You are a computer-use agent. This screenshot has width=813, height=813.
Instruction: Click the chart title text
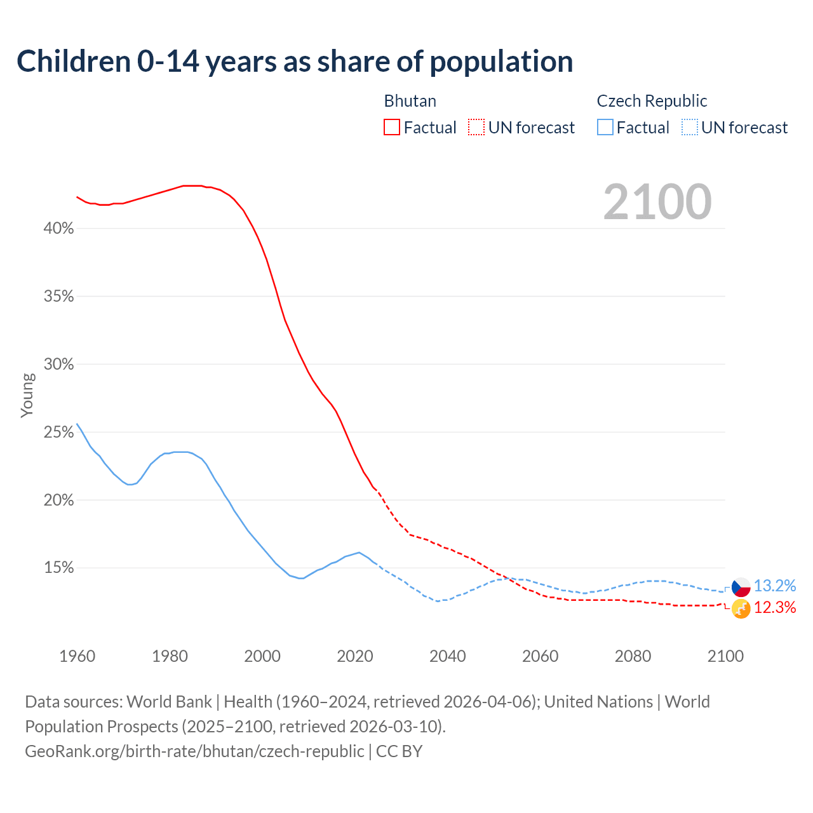(x=295, y=62)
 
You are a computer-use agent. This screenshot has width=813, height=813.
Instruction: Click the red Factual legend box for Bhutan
(x=392, y=128)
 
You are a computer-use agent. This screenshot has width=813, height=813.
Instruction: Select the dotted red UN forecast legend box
(x=476, y=128)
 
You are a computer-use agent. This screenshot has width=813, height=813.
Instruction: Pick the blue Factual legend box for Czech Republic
(x=605, y=128)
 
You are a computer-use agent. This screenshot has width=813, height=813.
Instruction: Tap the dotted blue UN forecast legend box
(x=690, y=128)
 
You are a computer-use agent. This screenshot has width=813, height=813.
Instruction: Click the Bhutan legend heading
(x=410, y=101)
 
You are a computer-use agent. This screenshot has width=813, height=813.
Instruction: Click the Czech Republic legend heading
(x=652, y=101)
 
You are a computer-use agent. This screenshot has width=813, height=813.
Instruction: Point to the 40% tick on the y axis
(x=59, y=229)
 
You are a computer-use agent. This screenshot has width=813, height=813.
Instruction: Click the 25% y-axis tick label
(x=59, y=433)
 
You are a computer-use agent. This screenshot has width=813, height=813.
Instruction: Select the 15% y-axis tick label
(x=59, y=568)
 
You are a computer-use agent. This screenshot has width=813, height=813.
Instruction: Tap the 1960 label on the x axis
(x=77, y=656)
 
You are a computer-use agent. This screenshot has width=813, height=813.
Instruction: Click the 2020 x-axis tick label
(x=355, y=656)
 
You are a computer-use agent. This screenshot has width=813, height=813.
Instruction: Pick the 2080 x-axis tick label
(x=633, y=656)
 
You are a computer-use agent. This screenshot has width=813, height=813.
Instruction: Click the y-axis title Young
(x=27, y=395)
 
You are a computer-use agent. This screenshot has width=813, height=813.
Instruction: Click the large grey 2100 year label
(x=657, y=202)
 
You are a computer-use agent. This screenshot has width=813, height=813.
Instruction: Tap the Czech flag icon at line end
(x=741, y=587)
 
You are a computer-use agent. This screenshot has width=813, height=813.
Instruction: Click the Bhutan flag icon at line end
(x=741, y=608)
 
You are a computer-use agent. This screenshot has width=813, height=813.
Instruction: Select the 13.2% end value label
(x=775, y=586)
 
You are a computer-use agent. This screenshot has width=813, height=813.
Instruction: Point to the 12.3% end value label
(x=775, y=608)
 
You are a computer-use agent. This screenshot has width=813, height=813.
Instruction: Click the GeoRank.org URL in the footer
(x=194, y=751)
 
